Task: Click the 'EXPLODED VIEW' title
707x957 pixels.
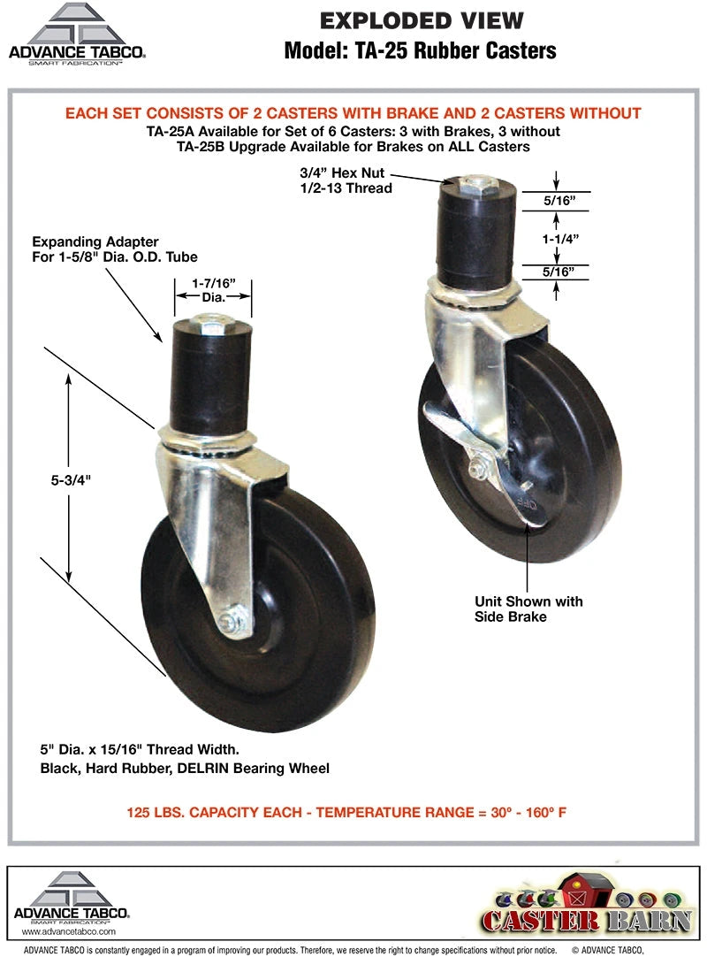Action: (421, 20)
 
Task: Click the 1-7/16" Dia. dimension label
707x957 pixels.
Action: (212, 291)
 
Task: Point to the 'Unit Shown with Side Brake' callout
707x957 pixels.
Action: (528, 609)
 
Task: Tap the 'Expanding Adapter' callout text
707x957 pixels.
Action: (95, 241)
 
